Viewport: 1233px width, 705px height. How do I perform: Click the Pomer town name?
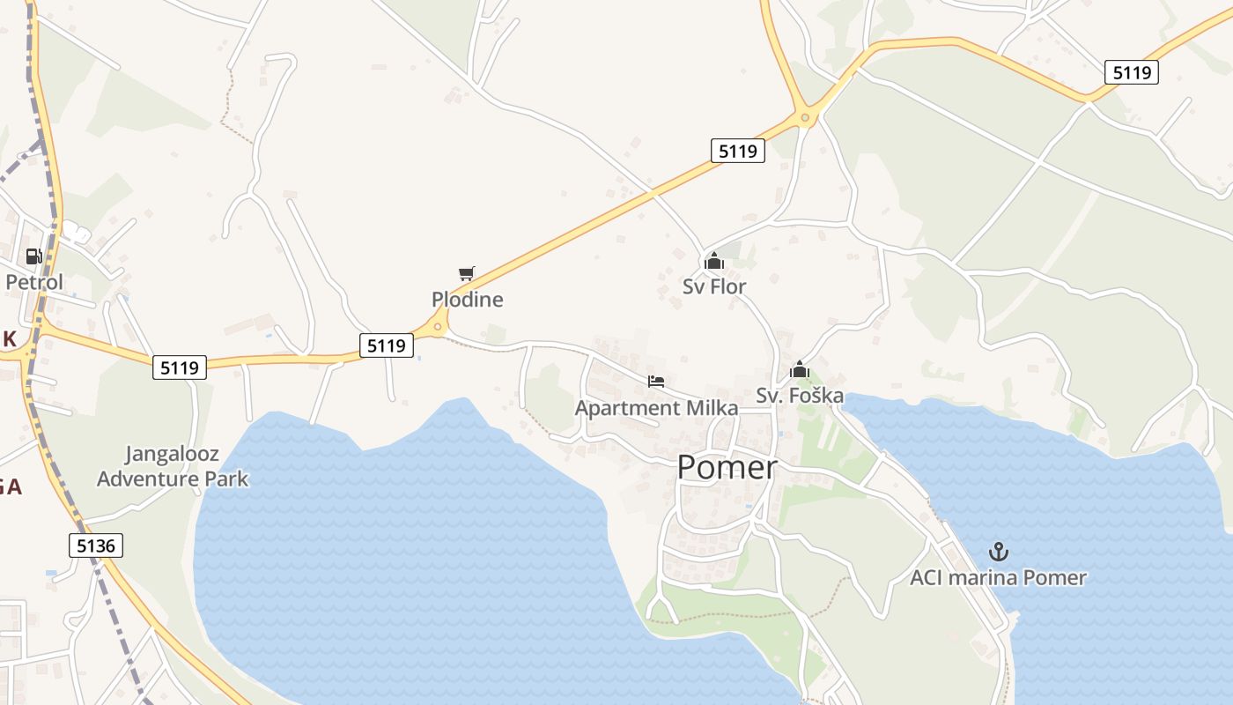(x=727, y=467)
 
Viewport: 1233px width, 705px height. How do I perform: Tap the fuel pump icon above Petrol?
(x=34, y=256)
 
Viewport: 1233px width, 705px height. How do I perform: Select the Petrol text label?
(x=34, y=282)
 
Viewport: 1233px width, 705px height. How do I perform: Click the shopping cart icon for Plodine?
(x=467, y=274)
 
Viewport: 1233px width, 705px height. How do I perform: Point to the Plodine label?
(x=468, y=300)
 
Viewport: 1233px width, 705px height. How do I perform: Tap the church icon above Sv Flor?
(x=713, y=261)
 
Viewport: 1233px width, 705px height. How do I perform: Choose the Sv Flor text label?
(x=714, y=286)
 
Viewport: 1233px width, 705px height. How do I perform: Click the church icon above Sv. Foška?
(x=800, y=370)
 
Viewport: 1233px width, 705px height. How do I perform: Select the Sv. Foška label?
(x=800, y=396)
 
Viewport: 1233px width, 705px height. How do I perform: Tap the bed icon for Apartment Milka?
(x=656, y=382)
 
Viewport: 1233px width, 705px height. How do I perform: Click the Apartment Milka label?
(x=656, y=408)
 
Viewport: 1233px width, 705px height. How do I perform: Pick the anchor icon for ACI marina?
(x=998, y=553)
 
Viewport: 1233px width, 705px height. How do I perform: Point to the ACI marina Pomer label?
(x=998, y=578)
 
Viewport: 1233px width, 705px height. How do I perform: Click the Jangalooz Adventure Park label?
(x=173, y=467)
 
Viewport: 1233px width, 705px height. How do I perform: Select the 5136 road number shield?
(x=96, y=545)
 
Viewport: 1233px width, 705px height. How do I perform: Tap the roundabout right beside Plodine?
(x=438, y=327)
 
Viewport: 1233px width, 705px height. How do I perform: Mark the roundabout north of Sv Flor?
(x=805, y=117)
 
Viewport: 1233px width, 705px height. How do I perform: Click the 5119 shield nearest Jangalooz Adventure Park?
(x=181, y=367)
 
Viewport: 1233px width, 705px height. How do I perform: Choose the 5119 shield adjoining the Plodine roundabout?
(x=387, y=345)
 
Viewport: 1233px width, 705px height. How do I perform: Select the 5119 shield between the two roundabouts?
(x=737, y=151)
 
